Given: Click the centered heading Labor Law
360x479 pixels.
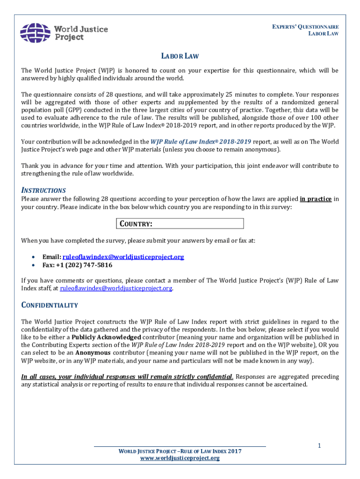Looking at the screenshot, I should (180, 56).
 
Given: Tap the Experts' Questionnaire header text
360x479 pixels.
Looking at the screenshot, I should (306, 27).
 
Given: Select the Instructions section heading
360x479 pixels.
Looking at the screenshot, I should (43, 190).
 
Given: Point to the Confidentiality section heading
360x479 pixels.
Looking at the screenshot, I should (50, 305).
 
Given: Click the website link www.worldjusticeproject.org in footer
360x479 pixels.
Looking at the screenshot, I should (180, 458).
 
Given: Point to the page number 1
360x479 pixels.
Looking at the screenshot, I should (319, 446).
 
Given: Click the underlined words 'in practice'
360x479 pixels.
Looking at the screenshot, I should (316, 199).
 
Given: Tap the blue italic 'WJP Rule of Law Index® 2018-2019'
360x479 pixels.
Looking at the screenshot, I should (201, 141).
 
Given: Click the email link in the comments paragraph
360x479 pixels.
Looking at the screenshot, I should (116, 288).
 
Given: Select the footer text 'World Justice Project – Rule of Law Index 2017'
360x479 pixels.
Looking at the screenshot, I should (180, 451).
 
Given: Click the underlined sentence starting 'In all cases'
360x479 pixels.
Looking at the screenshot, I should (127, 377).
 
